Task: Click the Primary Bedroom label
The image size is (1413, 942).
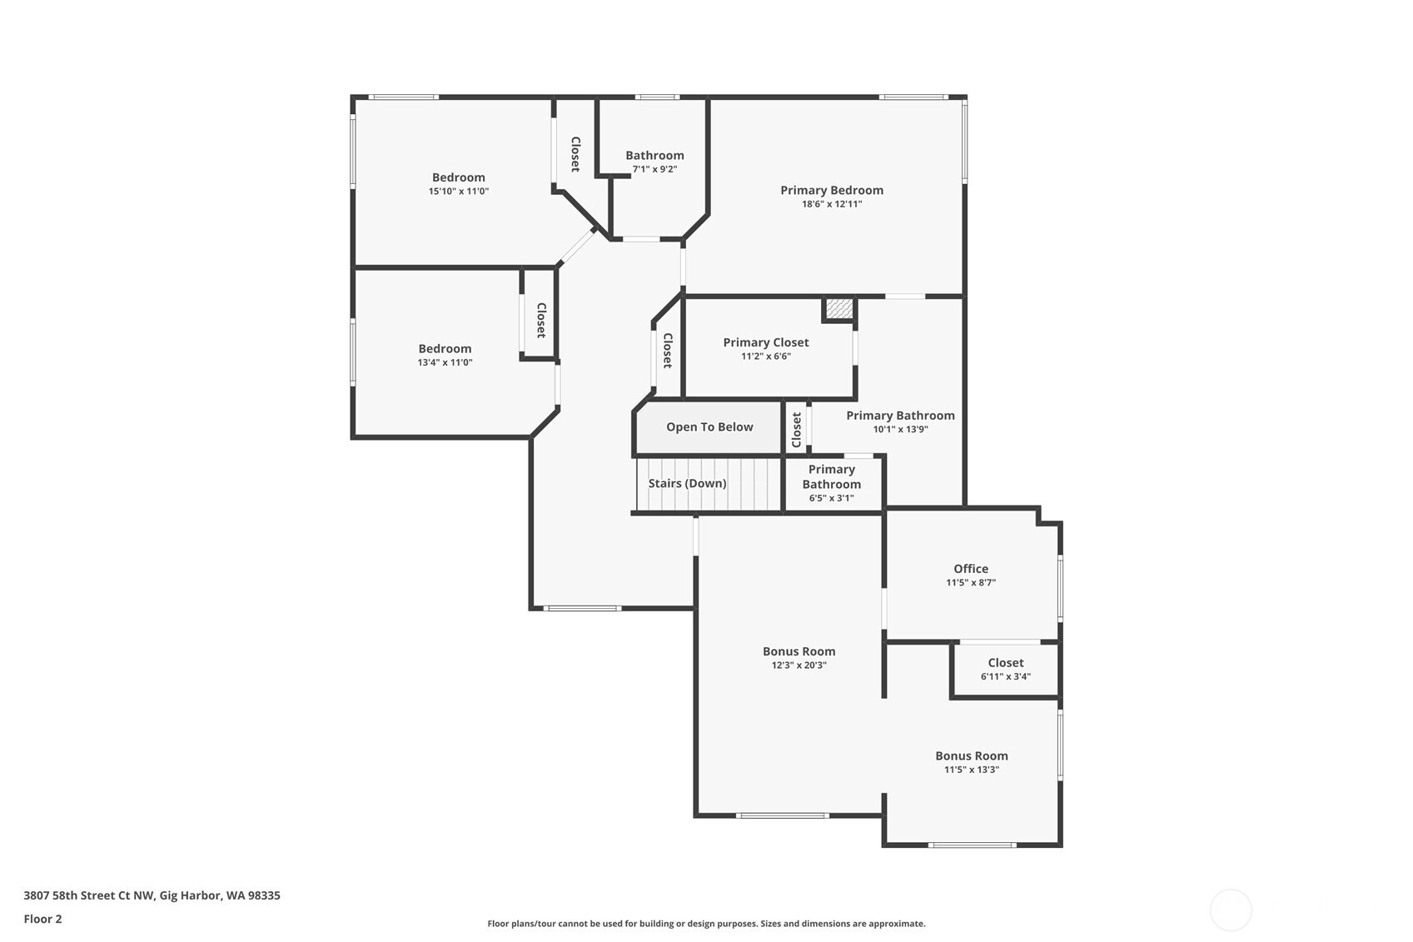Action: click(x=832, y=190)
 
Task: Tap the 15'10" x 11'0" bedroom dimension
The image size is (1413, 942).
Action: click(x=459, y=192)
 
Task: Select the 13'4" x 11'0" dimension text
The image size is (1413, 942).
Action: click(x=445, y=362)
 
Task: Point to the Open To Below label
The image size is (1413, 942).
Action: click(x=709, y=427)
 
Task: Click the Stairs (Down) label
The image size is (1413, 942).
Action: click(x=687, y=483)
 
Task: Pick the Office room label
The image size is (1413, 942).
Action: click(x=971, y=569)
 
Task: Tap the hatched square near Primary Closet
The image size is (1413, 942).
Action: click(x=839, y=308)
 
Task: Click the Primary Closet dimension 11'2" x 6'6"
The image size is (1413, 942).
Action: click(x=766, y=356)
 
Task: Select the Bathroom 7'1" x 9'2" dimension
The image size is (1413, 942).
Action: click(x=654, y=169)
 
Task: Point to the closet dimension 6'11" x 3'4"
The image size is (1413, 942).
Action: click(x=1006, y=676)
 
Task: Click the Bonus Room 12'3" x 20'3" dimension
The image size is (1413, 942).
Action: click(x=799, y=665)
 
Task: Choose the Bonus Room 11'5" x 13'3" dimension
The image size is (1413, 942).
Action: click(x=972, y=769)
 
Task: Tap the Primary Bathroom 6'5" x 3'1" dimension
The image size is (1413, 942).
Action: click(x=832, y=498)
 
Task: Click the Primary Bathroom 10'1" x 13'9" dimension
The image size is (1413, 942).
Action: click(x=900, y=429)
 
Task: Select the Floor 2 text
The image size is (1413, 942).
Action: click(x=43, y=919)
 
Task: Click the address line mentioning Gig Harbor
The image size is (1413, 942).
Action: click(x=152, y=895)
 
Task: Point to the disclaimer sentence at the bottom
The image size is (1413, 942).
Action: click(x=706, y=924)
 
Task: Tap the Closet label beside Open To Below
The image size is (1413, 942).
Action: click(x=796, y=430)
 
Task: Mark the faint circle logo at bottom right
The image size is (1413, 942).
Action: click(x=1230, y=910)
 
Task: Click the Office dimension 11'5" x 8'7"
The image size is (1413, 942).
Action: click(x=971, y=582)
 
